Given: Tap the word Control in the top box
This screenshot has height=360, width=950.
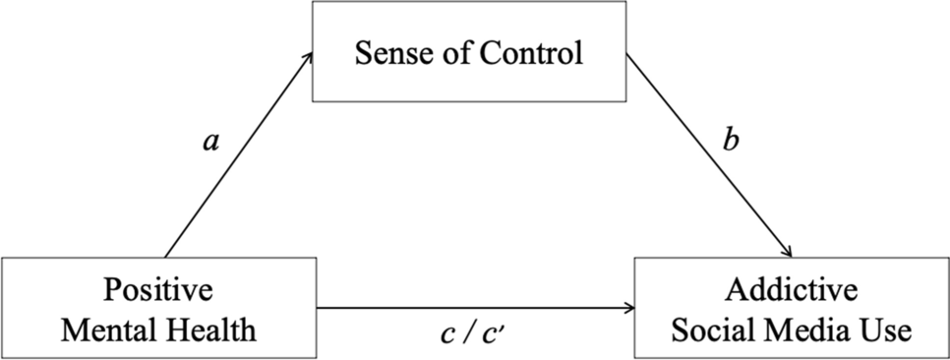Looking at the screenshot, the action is (531, 53).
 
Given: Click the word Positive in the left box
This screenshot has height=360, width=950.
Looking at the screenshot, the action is (158, 290).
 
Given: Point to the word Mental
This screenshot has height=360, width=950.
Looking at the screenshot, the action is (106, 330).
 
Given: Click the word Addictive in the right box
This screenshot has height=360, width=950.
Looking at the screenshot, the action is (792, 290).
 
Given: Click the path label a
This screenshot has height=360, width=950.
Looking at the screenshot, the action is (210, 143).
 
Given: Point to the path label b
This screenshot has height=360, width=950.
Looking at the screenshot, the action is (732, 140).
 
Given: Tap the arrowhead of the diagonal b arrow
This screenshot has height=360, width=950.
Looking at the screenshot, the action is (787, 250).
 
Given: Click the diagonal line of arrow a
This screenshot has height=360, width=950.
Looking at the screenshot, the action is (239, 154).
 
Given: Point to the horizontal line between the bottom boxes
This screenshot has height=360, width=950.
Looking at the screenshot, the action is (476, 308).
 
